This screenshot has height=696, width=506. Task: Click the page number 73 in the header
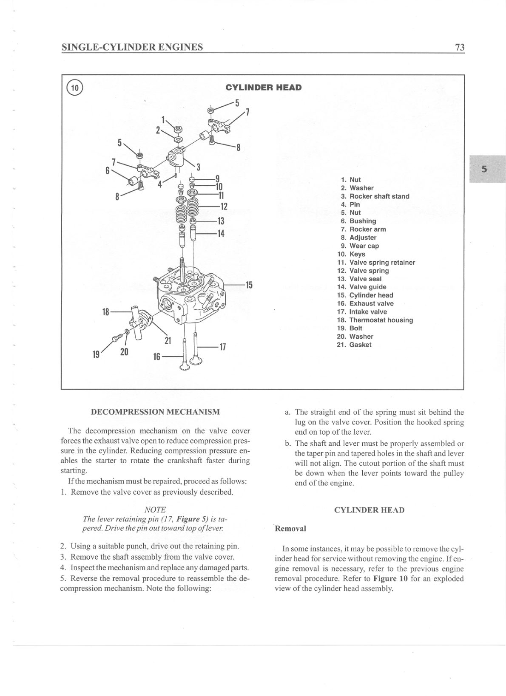[460, 47]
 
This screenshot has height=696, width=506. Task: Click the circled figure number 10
[75, 88]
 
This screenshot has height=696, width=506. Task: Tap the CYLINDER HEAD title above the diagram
[263, 88]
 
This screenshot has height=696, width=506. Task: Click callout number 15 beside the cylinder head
[249, 285]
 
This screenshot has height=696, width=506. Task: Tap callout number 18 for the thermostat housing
[106, 312]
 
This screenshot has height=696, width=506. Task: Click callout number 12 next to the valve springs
[223, 207]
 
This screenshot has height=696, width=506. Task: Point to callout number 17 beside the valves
[222, 347]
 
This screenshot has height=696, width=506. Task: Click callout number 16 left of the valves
[156, 356]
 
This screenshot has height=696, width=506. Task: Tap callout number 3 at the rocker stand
[198, 167]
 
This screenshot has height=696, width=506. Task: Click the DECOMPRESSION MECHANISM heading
[156, 412]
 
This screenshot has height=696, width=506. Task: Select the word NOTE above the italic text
[155, 509]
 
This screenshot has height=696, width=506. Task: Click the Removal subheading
[290, 529]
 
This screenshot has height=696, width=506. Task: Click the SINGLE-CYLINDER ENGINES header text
[132, 47]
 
